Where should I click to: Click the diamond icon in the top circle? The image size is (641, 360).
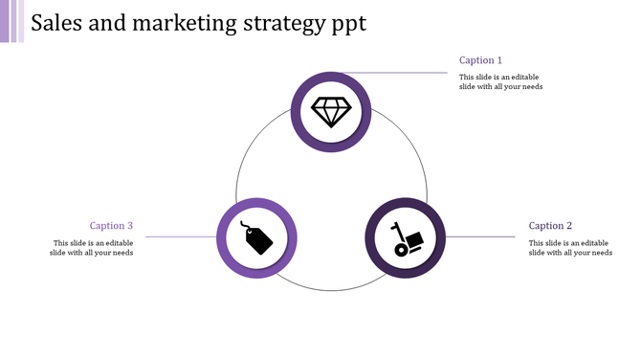tap(332, 111)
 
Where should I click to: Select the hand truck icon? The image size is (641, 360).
tap(406, 238)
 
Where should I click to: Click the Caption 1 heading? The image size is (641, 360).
tap(480, 60)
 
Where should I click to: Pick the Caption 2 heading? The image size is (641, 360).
tap(550, 226)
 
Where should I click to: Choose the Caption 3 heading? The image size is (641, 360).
tap(111, 226)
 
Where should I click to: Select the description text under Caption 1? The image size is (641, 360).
tap(500, 81)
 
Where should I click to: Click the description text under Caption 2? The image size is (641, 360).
tap(570, 247)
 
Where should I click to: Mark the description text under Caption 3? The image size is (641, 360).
tap(92, 247)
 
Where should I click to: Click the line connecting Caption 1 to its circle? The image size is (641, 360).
tap(402, 72)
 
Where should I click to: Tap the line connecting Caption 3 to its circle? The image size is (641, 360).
tap(180, 236)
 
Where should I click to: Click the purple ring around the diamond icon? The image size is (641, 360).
tap(332, 78)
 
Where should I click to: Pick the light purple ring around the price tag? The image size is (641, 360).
tap(224, 238)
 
